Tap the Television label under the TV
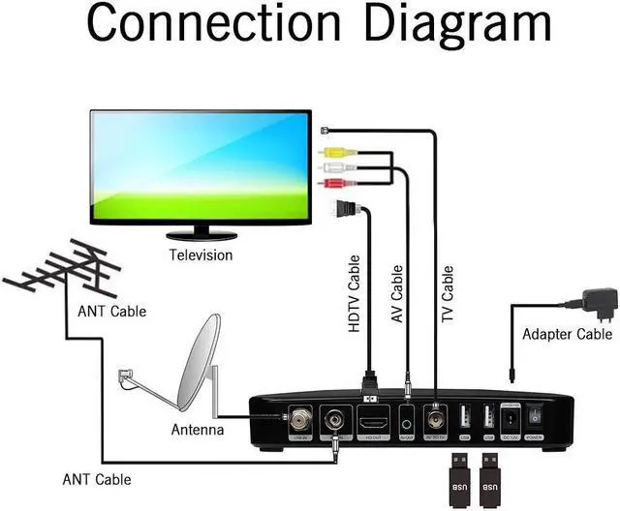tap(201, 255)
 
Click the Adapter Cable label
tap(567, 335)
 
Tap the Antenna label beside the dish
tap(198, 430)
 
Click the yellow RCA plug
tap(331, 152)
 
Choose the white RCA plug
tap(331, 166)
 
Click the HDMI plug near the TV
tap(345, 207)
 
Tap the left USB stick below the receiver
tap(459, 475)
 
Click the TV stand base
tap(201, 235)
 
